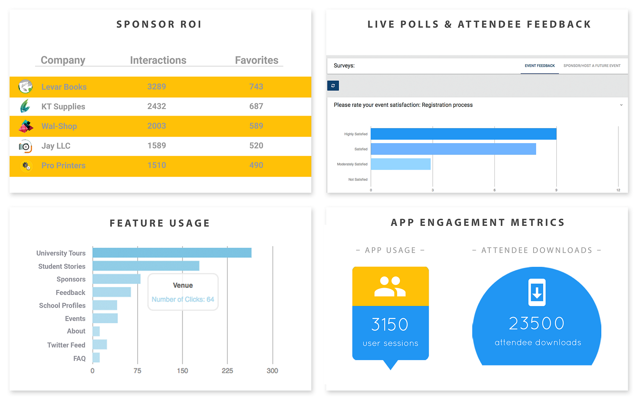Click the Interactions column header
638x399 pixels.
pos(158,60)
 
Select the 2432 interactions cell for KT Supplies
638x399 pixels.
pos(157,106)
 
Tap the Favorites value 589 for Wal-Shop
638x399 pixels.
pos(256,126)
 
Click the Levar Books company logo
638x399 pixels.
pos(26,87)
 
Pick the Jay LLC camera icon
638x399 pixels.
pos(26,146)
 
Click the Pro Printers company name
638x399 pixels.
pos(63,166)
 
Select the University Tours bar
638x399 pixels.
pos(172,253)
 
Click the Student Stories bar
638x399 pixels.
pos(146,266)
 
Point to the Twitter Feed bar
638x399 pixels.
pos(100,344)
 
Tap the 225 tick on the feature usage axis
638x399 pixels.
pos(227,371)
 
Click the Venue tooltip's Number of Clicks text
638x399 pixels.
pos(183,299)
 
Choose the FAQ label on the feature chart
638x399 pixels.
pos(79,358)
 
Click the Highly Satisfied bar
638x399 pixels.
pos(463,134)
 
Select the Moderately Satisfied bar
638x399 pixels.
pos(400,164)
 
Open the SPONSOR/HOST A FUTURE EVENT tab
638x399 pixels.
pos(592,66)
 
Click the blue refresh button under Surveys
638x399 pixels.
pos(333,85)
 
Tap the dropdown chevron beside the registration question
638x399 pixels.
pos(621,105)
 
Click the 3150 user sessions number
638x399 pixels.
pos(390,324)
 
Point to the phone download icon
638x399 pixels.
pos(537,292)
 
